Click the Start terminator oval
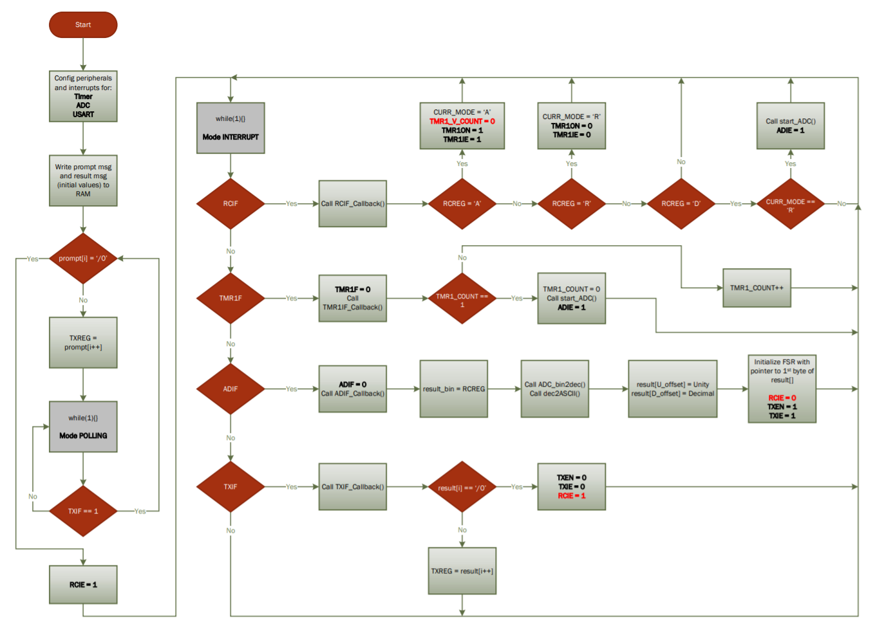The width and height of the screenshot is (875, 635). (83, 25)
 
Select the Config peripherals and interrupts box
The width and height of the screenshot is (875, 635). (83, 96)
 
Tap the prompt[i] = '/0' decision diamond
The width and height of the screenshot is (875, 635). (83, 259)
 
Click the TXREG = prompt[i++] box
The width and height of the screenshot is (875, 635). (83, 342)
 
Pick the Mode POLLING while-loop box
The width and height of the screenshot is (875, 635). (83, 427)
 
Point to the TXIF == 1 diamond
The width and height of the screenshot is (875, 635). (83, 511)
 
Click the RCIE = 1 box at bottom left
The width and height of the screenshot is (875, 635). (83, 585)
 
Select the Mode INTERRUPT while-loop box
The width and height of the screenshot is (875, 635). (231, 128)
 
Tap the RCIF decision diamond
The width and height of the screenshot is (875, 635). (231, 204)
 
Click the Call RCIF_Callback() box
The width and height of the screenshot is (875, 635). (353, 204)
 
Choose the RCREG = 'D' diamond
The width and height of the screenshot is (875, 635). (681, 204)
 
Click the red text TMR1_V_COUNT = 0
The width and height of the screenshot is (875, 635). (462, 122)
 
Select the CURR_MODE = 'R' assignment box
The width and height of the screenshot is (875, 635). (572, 126)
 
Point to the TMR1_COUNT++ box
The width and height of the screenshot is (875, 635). (757, 288)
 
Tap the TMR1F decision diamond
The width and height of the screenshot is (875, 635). (231, 299)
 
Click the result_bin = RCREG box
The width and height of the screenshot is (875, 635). (454, 389)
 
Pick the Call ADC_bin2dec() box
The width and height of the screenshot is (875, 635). (555, 389)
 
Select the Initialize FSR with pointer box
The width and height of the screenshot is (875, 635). (782, 389)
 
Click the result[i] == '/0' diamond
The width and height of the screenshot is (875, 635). (462, 488)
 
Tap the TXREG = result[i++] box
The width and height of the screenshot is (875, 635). (462, 571)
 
